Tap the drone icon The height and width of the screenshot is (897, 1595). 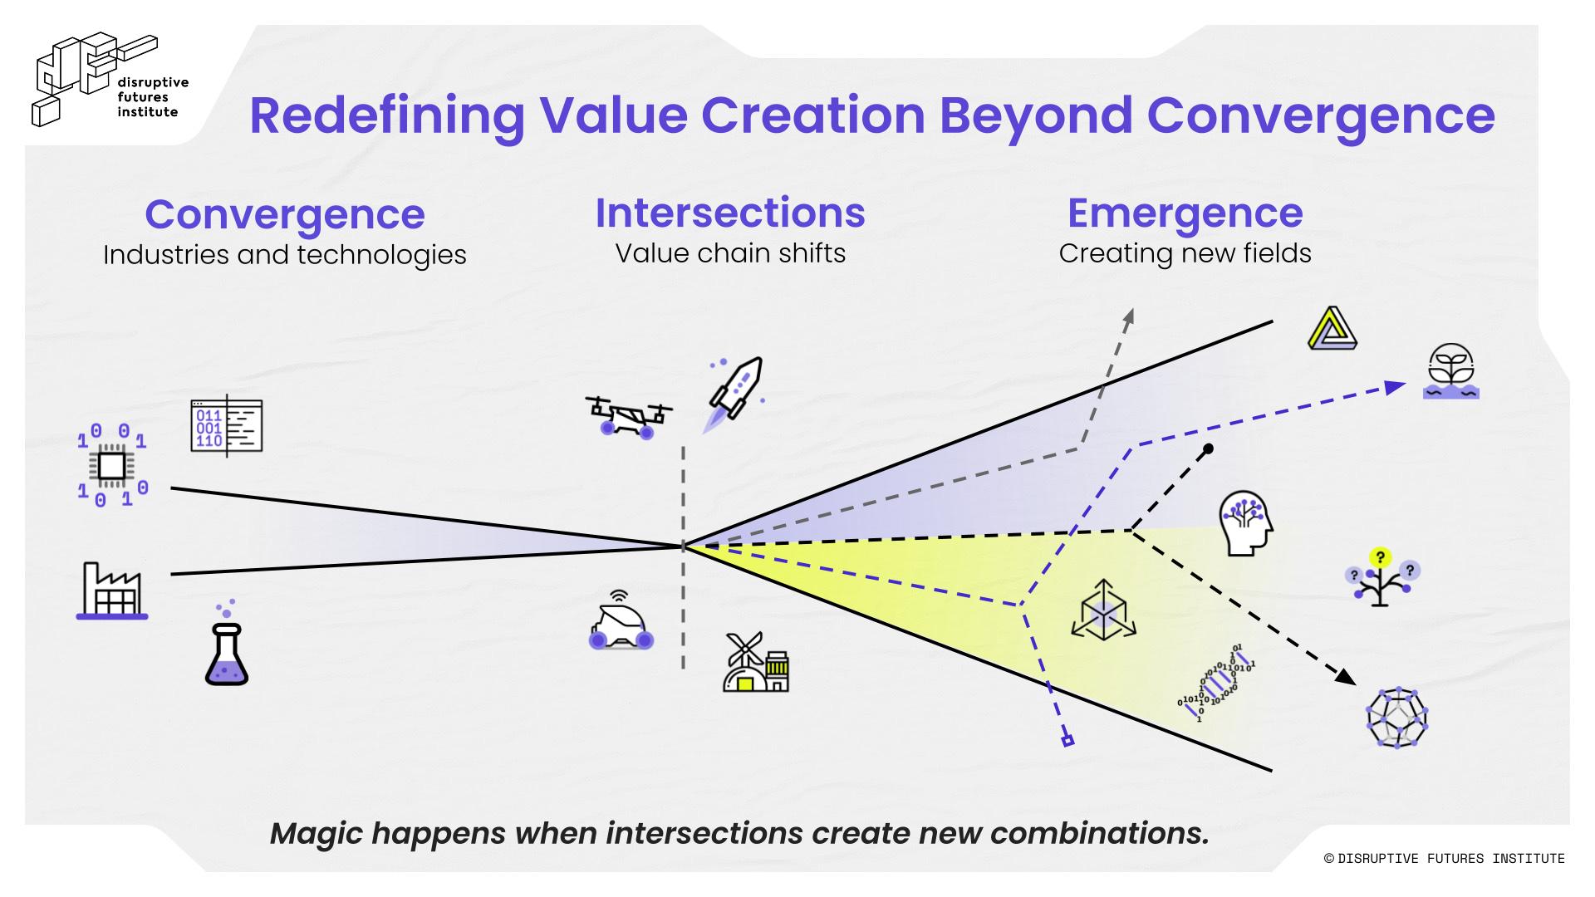[x=628, y=416]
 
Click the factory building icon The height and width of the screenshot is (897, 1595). [x=112, y=591]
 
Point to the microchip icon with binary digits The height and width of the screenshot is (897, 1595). [x=112, y=466]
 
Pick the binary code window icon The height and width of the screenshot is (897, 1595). [x=226, y=426]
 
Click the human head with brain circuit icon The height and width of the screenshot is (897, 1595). [x=1245, y=522]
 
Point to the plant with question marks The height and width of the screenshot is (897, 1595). [x=1380, y=576]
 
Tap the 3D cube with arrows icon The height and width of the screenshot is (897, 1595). [x=1103, y=610]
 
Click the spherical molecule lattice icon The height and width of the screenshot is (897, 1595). [x=1396, y=718]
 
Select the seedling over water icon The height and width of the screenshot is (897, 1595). [x=1450, y=370]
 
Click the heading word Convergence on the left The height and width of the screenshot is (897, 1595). [x=285, y=214]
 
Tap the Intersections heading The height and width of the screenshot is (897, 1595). [x=730, y=213]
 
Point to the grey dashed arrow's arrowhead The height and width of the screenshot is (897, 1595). [x=1128, y=316]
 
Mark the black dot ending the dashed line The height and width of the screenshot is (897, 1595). [x=1209, y=448]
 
